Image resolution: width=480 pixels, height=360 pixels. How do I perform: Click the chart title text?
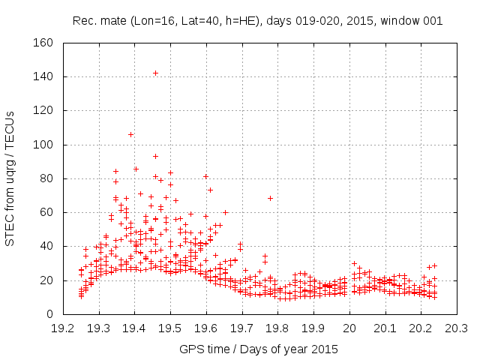tap(257, 20)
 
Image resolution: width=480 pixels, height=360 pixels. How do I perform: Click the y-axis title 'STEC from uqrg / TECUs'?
tap(10, 178)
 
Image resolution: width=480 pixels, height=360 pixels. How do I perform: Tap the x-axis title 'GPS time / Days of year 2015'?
tap(259, 349)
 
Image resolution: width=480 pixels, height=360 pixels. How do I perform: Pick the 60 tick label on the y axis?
tap(46, 212)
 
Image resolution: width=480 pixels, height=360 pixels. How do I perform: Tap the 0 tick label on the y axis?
tap(49, 314)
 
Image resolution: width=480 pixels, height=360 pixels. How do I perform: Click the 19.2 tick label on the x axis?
tap(63, 328)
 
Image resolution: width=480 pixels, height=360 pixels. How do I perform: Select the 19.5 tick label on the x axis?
tap(170, 328)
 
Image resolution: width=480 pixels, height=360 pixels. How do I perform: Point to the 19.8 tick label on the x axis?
tap(277, 328)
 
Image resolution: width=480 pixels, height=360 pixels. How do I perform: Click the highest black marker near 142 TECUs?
tap(155, 73)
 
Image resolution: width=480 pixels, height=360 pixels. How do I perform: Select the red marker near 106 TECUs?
tap(130, 134)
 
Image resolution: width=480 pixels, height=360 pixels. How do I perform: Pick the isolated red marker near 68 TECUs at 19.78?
tap(270, 198)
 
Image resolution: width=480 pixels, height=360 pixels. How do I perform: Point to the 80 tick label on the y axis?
tap(46, 178)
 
